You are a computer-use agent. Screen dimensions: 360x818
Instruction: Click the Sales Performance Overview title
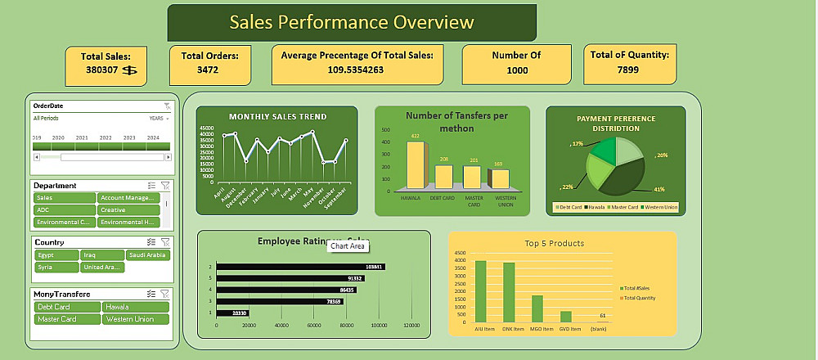352,22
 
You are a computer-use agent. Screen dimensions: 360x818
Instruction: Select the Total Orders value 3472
209,70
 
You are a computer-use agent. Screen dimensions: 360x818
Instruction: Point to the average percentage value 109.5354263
356,70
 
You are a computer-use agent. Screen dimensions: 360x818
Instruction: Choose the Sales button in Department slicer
64,197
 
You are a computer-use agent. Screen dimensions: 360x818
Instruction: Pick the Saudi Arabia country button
148,255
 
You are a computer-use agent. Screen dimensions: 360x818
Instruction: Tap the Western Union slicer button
136,319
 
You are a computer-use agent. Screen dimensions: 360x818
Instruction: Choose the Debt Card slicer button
66,307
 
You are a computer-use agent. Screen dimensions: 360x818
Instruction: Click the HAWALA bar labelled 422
416,165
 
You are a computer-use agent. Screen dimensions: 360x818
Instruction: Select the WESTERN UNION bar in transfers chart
498,179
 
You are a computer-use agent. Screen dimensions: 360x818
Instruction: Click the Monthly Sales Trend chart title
277,116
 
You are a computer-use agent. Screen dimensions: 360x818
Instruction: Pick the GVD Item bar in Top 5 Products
565,316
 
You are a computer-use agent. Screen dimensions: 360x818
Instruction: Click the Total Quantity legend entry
640,298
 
